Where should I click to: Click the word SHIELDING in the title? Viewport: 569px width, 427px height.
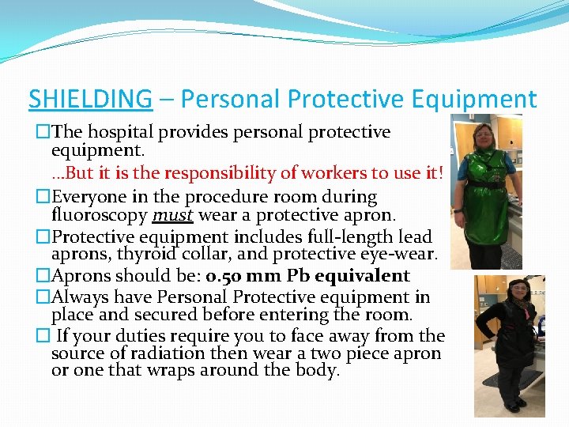(x=89, y=99)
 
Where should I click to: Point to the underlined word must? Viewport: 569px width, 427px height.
(x=173, y=215)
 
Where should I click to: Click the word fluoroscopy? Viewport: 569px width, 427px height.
(x=100, y=215)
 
